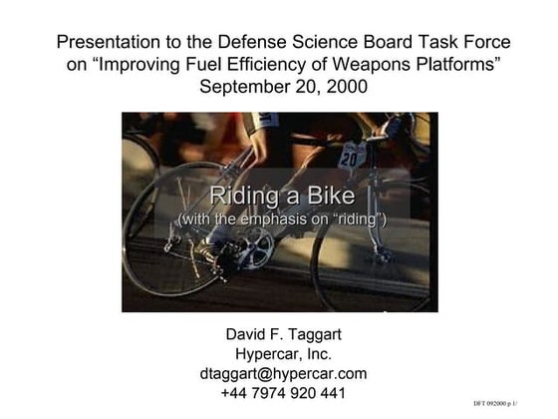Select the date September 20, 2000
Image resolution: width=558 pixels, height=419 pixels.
point(284,87)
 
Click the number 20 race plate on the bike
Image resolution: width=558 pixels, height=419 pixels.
point(349,157)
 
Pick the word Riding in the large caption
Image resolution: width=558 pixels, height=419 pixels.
point(240,195)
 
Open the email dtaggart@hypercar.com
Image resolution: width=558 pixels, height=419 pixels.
point(283,373)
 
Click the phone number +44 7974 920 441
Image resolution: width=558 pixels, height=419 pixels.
point(283,393)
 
